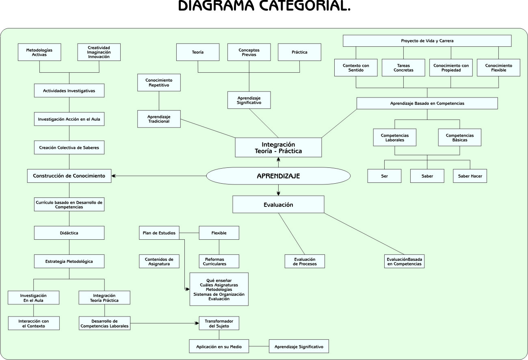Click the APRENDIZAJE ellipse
click(x=278, y=176)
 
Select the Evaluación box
click(x=278, y=204)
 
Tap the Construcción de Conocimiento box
click(x=69, y=176)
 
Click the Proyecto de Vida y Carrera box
click(x=427, y=41)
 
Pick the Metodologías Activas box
click(x=39, y=52)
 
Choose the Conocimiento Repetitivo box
click(x=159, y=82)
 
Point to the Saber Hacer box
click(x=470, y=176)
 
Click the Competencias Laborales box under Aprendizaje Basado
click(x=395, y=137)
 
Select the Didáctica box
click(x=69, y=233)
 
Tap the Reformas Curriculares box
click(x=219, y=261)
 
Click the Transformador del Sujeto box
click(x=219, y=323)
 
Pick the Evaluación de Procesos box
click(x=305, y=261)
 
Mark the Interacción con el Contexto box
click(x=34, y=323)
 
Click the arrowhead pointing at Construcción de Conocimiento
click(x=114, y=176)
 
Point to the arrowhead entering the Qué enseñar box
click(x=187, y=289)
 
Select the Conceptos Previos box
click(x=249, y=52)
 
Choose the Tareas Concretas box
click(x=403, y=67)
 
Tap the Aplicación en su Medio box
click(x=219, y=347)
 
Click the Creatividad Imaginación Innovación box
click(x=99, y=52)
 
